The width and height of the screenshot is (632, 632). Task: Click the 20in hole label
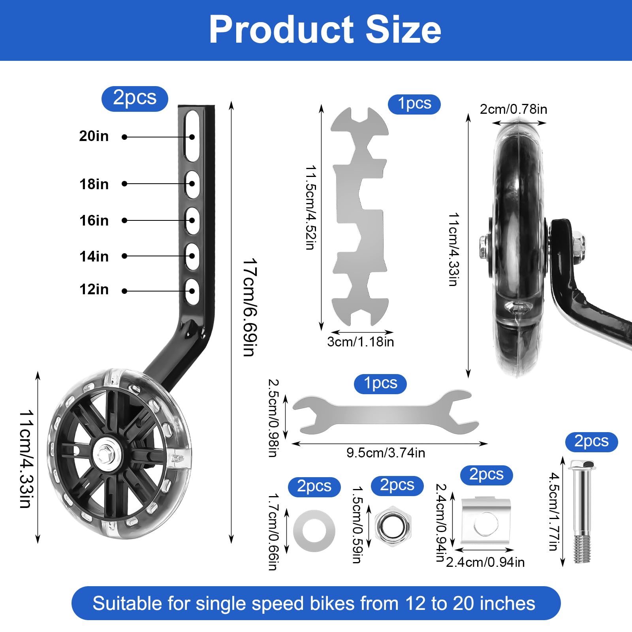(x=94, y=136)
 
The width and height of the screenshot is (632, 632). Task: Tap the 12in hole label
(x=94, y=289)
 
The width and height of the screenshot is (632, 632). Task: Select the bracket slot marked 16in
(x=192, y=220)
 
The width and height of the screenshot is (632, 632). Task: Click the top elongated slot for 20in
(x=192, y=135)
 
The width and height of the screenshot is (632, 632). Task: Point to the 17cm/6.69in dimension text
(x=250, y=307)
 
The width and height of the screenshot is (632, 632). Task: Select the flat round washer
(x=314, y=531)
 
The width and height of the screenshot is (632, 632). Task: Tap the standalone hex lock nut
(x=393, y=526)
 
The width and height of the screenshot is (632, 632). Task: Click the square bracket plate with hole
(x=486, y=521)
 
